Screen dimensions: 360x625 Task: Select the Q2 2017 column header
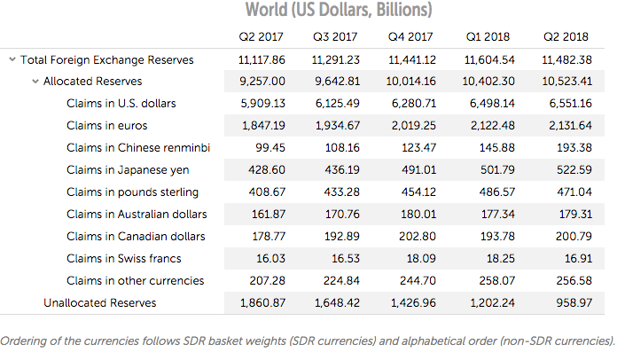(261, 37)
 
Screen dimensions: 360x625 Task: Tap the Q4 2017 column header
(410, 37)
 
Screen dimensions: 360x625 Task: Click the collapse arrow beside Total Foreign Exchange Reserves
(12, 59)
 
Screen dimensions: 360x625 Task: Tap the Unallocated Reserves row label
(99, 303)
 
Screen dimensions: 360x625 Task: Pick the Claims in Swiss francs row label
(123, 259)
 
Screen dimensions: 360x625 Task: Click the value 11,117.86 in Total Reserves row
(262, 59)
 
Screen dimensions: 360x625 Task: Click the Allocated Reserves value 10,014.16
(411, 82)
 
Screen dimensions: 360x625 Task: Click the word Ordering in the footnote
(25, 340)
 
